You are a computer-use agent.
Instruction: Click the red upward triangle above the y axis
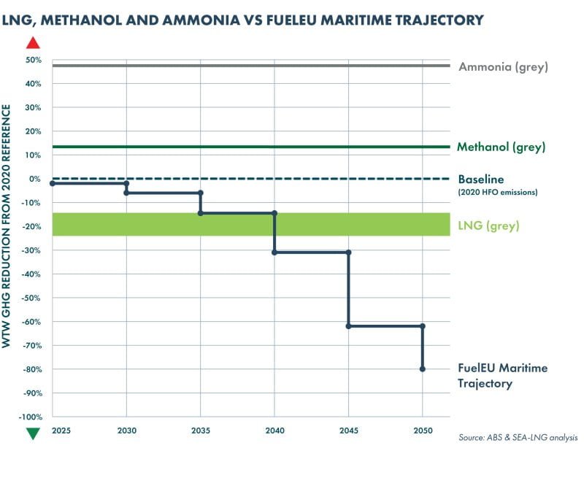(33, 42)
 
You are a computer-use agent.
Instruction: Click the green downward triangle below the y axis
(33, 433)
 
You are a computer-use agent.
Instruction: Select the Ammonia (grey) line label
(503, 67)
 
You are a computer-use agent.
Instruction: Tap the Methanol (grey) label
(501, 147)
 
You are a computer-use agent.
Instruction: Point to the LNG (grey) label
(488, 226)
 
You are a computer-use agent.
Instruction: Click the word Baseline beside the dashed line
(481, 180)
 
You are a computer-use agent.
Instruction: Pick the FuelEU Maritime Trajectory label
(502, 376)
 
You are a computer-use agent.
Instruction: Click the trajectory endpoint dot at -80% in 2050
(423, 369)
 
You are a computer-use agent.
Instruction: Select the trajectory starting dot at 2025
(53, 183)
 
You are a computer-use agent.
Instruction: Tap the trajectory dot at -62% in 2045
(348, 326)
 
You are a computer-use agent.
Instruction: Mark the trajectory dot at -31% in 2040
(274, 252)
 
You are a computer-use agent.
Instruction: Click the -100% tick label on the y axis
(30, 417)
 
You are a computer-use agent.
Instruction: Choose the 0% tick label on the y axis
(35, 179)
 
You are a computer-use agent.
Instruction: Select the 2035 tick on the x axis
(201, 431)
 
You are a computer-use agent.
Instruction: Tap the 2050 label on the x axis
(423, 431)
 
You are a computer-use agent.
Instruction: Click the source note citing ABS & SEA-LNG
(518, 438)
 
